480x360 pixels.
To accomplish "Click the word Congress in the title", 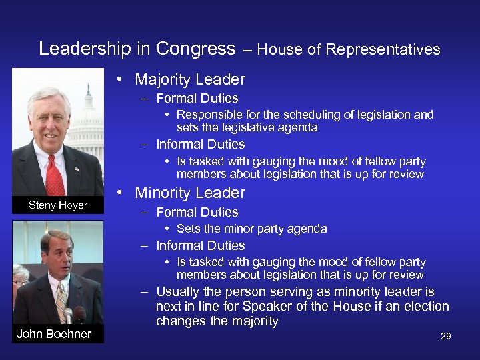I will pos(195,49).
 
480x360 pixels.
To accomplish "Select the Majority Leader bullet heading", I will pos(190,79).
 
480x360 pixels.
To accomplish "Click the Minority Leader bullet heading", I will pos(190,193).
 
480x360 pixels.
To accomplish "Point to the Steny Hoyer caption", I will pos(58,205).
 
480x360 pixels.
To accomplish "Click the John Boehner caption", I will pos(54,333).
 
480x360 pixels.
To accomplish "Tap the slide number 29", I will pos(445,336).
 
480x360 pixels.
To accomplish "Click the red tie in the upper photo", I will pos(55,175).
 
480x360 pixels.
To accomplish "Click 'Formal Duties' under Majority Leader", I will pos(197,98).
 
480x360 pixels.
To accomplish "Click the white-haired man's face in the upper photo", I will pos(49,121).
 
